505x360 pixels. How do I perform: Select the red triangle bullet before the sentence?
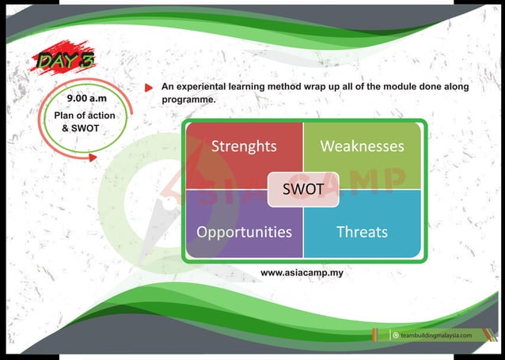[149, 88]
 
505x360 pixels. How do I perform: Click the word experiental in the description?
[207, 87]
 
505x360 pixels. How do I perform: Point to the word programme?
[188, 100]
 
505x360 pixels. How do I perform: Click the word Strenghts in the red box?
[244, 146]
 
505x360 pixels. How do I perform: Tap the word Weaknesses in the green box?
[362, 146]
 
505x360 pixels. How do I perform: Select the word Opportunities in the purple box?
[244, 232]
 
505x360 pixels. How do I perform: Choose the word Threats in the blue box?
[362, 232]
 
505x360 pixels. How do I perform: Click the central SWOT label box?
[303, 190]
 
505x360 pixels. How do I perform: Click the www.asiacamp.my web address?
[302, 273]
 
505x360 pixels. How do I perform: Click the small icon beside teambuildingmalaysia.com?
[395, 335]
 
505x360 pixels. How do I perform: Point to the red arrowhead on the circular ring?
[93, 157]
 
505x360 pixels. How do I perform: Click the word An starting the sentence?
[167, 87]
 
